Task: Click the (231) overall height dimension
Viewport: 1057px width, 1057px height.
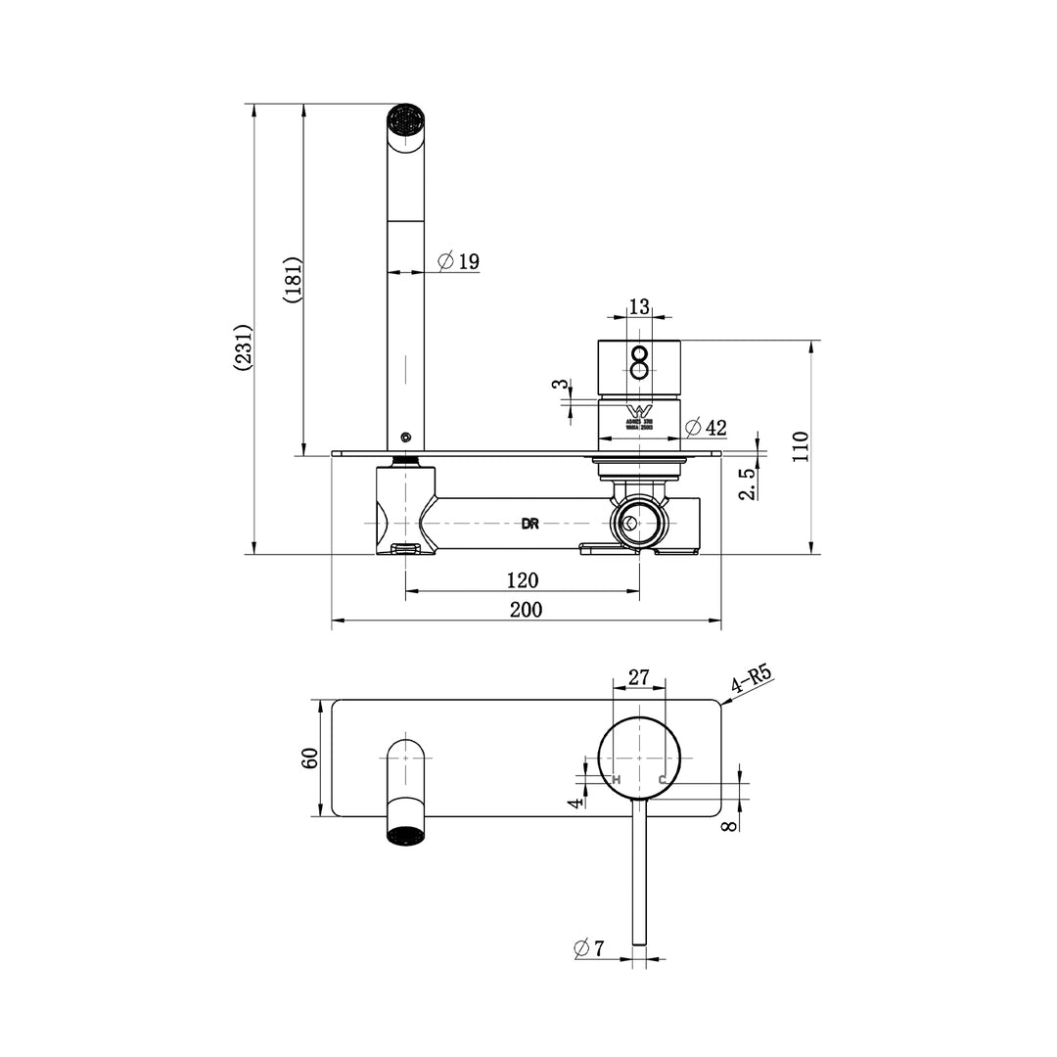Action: tap(243, 346)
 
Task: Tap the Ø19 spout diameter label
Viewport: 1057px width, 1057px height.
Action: tap(458, 261)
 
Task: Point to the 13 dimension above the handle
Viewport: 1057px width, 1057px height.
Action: tap(639, 306)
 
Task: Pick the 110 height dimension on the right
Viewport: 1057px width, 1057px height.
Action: tap(802, 446)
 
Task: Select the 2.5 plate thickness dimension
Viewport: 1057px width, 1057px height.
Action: tap(747, 483)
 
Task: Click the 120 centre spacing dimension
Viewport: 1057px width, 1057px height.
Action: tap(522, 580)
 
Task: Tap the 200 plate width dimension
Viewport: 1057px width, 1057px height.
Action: tap(525, 609)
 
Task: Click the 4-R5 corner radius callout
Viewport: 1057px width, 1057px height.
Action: tap(752, 680)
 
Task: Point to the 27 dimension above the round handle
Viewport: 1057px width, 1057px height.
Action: tap(638, 677)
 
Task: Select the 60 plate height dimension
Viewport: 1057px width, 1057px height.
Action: tap(310, 758)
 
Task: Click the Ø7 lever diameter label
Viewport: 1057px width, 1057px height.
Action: tap(590, 947)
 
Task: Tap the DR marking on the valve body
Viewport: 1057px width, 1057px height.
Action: tap(529, 524)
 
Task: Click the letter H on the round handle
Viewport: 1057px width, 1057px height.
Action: tap(617, 779)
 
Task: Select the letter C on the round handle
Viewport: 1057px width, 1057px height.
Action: tap(662, 779)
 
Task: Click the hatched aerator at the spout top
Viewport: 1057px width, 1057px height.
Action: tap(405, 121)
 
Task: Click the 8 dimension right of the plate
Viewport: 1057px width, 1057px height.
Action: tap(728, 824)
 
